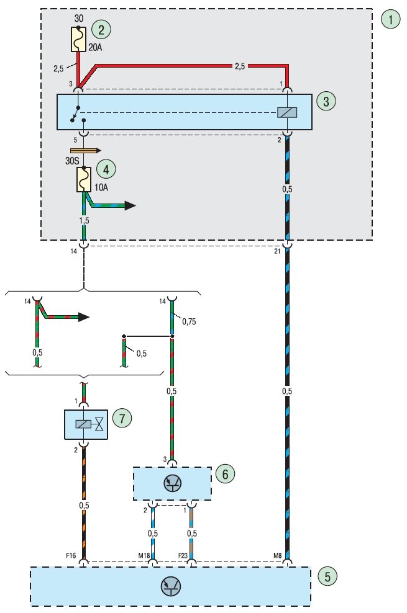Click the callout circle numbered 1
click(x=390, y=19)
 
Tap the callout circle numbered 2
click(x=100, y=29)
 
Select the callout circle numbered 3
click(x=325, y=101)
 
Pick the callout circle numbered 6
click(x=224, y=474)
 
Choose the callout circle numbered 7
click(x=122, y=418)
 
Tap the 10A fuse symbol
click(x=84, y=179)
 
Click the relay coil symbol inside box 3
click(x=286, y=112)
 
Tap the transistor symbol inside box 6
click(x=173, y=483)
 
